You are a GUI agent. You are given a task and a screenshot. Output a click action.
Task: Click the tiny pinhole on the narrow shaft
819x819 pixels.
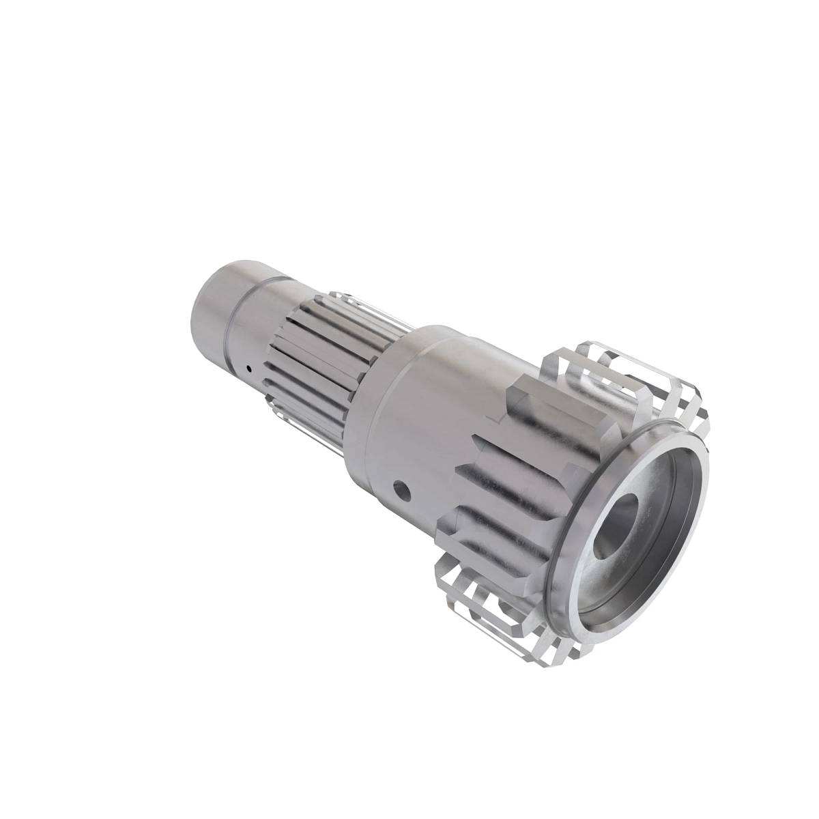click(x=250, y=369)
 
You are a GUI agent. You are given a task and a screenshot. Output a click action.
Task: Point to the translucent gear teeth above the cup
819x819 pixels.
click(x=614, y=375)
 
